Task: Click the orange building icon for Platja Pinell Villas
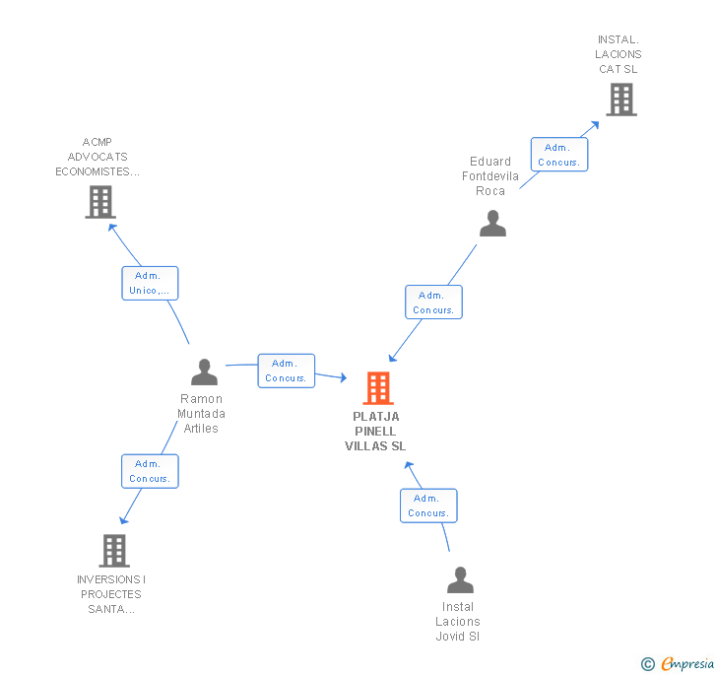[378, 388]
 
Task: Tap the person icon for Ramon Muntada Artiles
[204, 371]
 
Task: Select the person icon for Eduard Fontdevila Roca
[492, 224]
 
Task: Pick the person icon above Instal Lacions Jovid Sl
[460, 579]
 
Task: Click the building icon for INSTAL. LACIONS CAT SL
[620, 100]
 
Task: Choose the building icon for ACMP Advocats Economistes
[99, 201]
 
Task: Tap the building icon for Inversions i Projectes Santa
[114, 550]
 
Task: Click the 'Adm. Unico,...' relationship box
[150, 283]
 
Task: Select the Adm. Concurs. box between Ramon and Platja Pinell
[287, 371]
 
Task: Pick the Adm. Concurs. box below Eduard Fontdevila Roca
[433, 303]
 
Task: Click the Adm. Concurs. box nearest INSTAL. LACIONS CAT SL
[559, 155]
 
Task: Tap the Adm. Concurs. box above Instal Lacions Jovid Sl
[428, 506]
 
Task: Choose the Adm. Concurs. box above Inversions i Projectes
[150, 471]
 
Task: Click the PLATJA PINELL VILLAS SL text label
[375, 432]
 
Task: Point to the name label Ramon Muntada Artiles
[201, 414]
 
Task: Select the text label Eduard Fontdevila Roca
[490, 176]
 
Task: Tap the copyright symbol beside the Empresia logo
[648, 664]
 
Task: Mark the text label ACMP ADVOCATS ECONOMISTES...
[98, 157]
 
